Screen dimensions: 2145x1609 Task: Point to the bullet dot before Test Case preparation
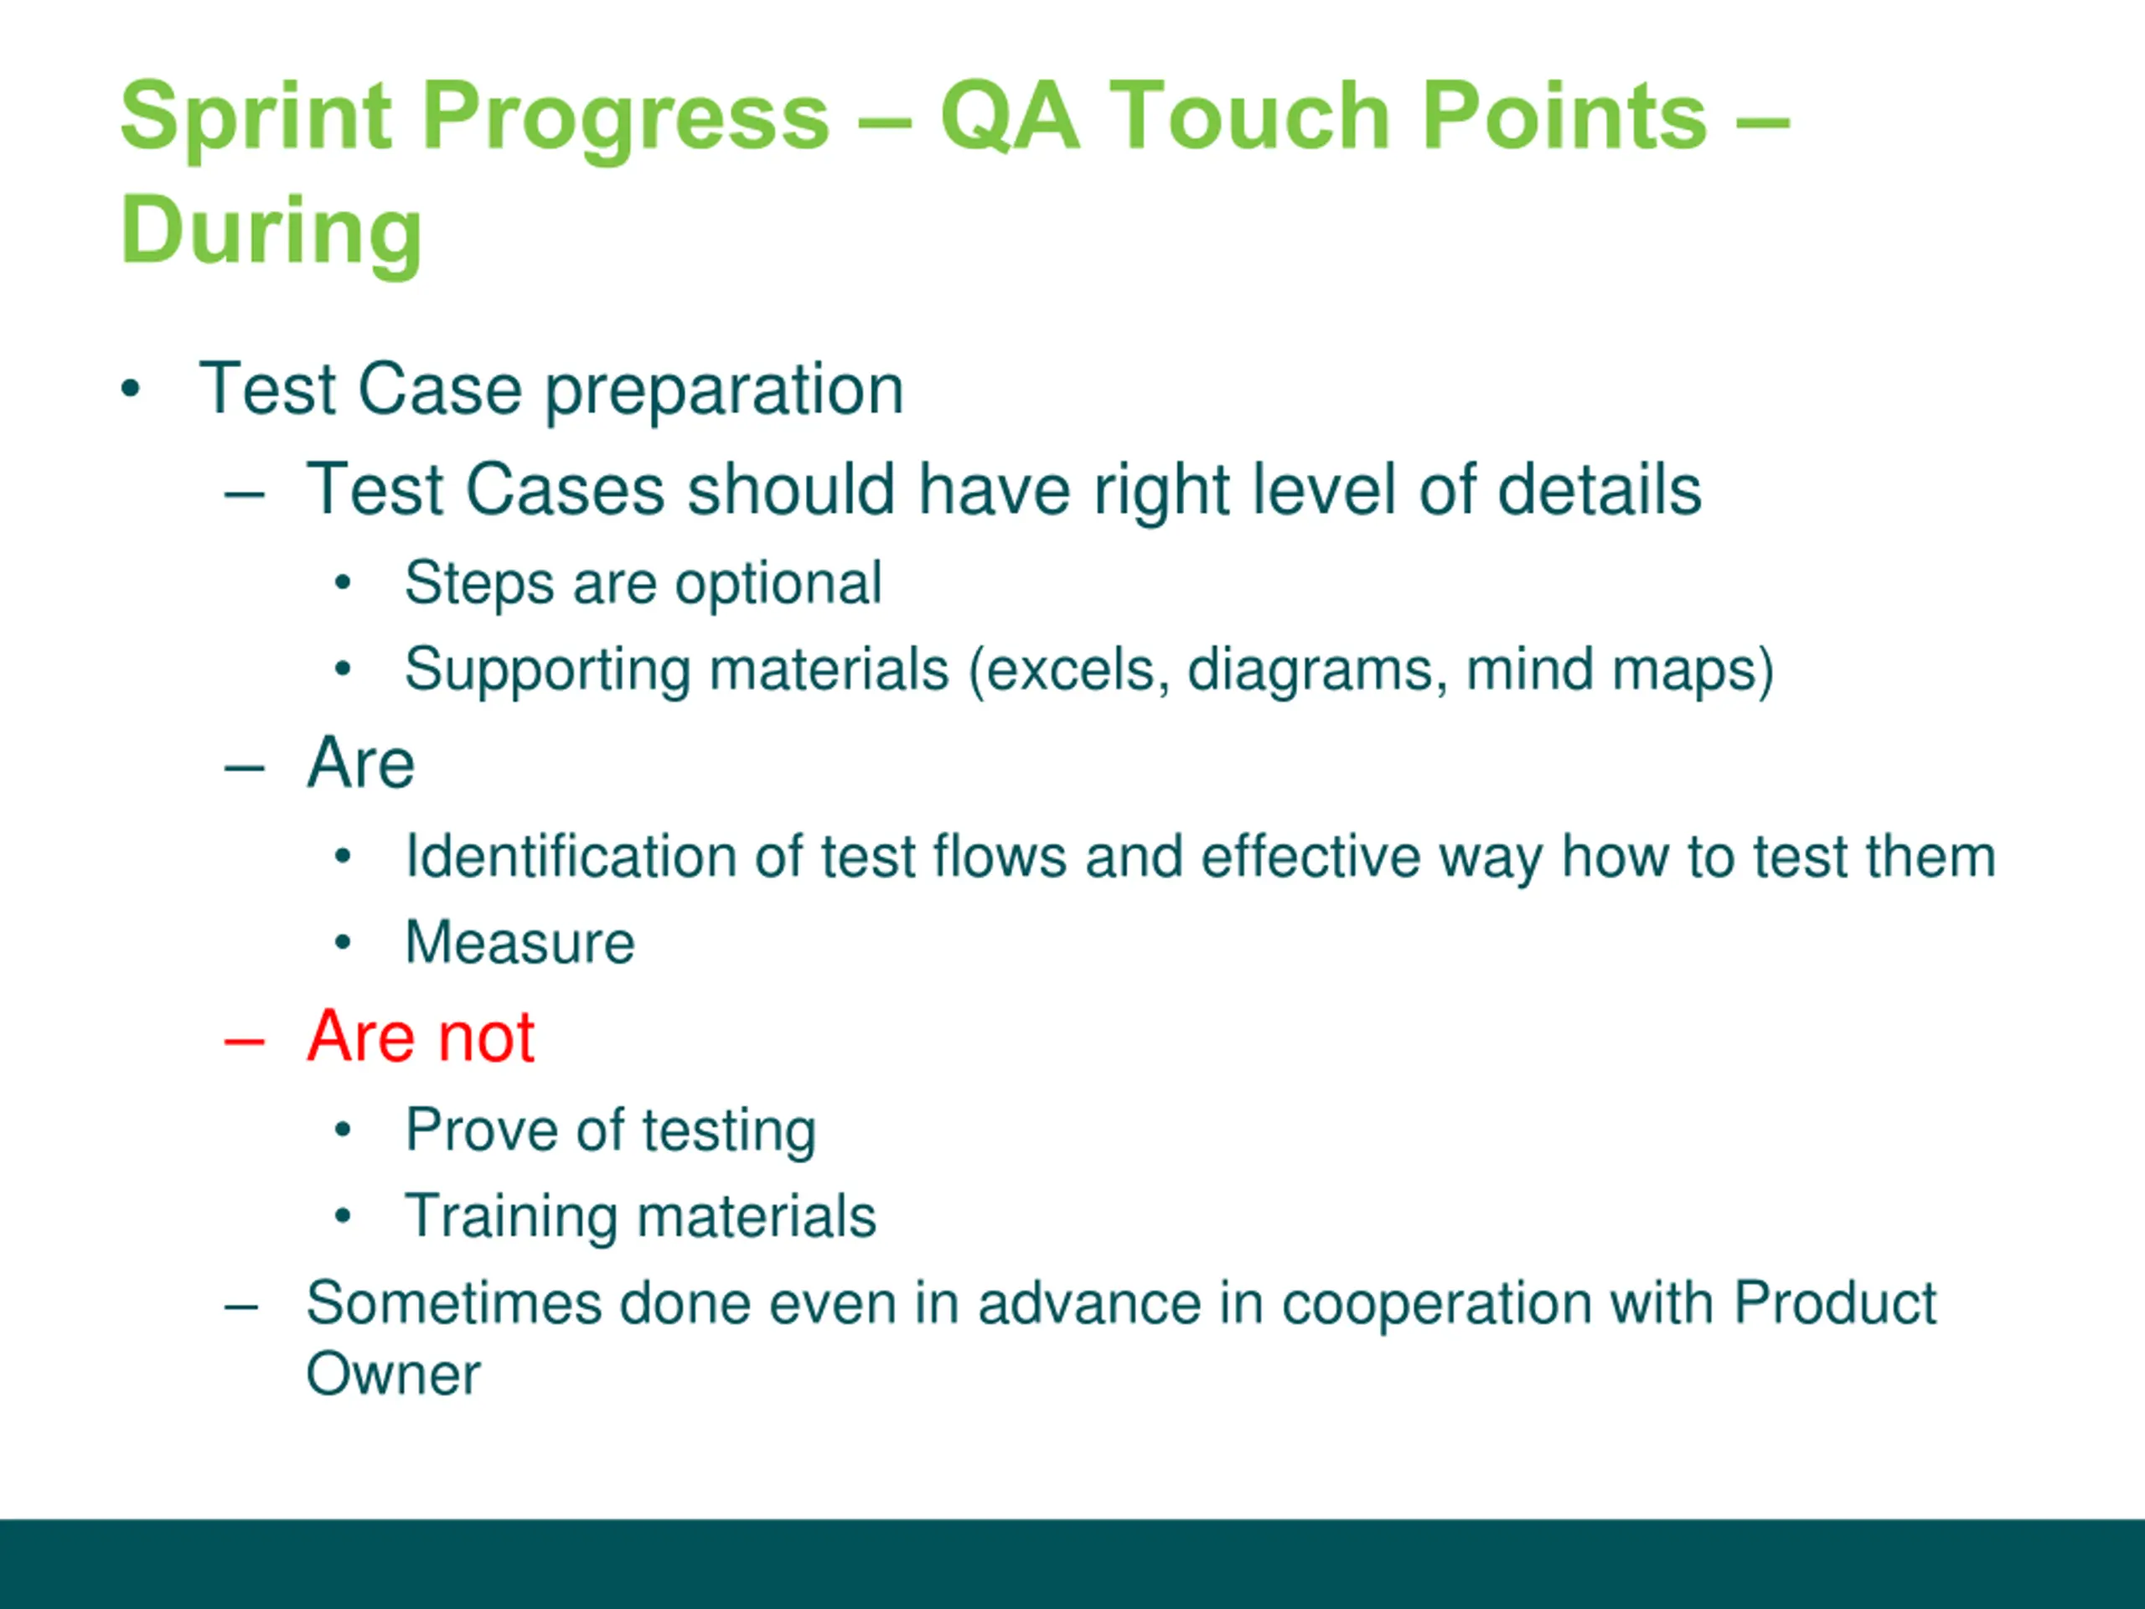coord(131,391)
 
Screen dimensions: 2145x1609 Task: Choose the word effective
coord(1311,856)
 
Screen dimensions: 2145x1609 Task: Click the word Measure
coord(519,943)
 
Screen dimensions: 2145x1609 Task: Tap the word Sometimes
coord(454,1302)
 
